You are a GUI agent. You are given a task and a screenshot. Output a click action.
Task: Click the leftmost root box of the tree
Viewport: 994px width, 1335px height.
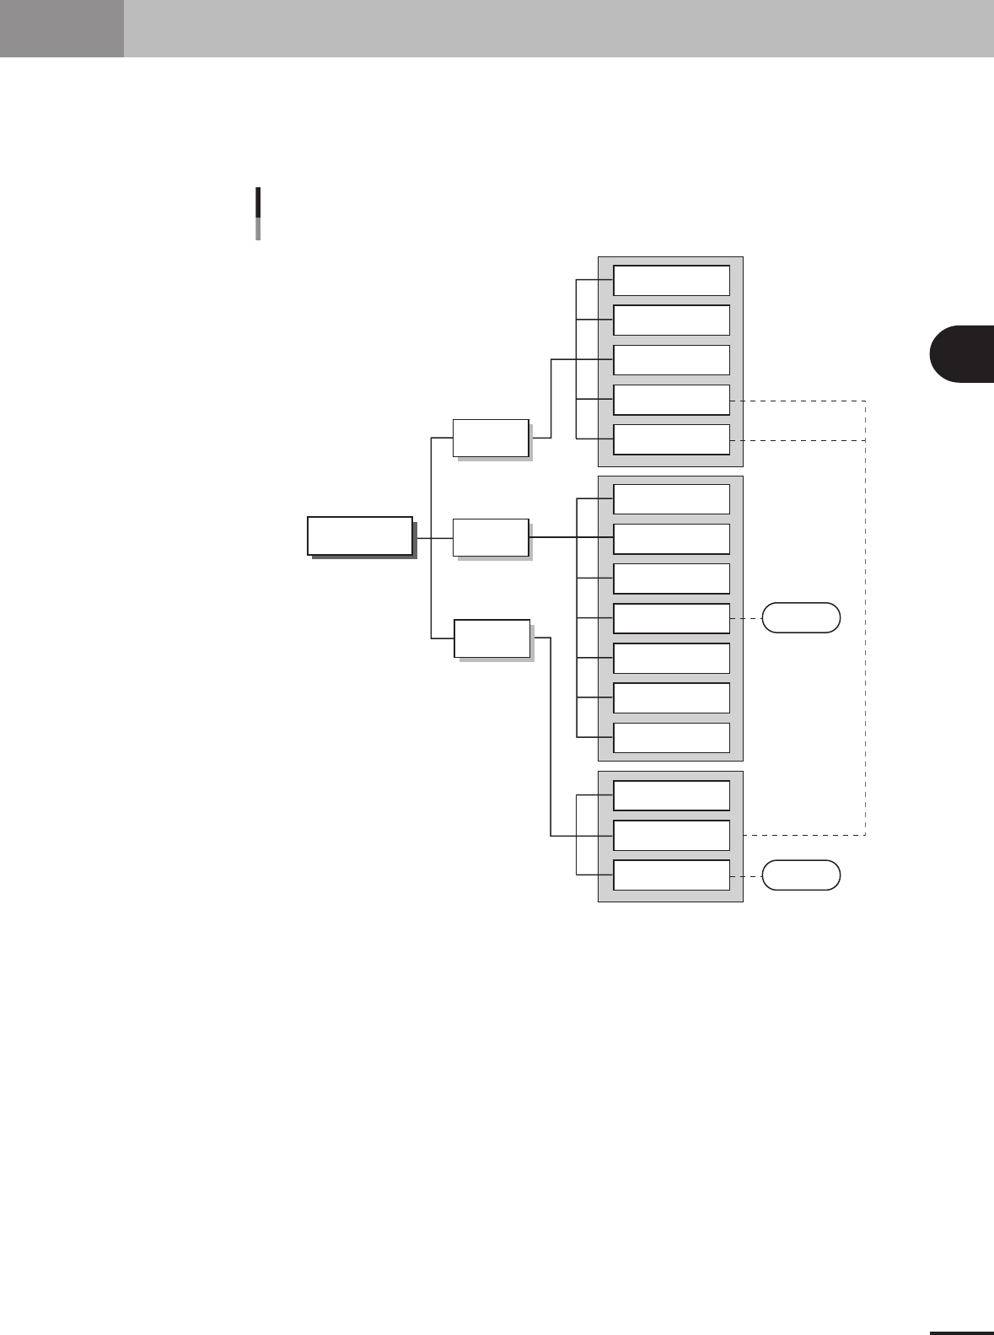tap(360, 536)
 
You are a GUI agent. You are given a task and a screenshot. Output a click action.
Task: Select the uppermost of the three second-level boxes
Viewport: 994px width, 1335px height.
tap(491, 438)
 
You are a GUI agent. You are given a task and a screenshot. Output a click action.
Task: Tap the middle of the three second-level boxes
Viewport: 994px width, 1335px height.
tap(491, 537)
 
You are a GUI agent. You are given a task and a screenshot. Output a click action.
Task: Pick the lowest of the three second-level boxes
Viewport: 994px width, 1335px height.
tap(492, 638)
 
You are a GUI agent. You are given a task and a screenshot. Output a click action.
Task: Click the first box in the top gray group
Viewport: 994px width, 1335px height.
tap(671, 280)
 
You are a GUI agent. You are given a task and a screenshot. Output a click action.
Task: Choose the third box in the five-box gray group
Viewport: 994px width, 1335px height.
tap(671, 359)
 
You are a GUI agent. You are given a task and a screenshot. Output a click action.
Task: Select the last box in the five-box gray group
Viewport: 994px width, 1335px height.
tap(671, 439)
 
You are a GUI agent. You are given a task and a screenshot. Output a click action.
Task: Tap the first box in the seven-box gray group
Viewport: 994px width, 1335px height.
tap(671, 498)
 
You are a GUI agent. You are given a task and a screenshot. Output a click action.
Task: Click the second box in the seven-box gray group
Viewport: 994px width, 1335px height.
tap(671, 538)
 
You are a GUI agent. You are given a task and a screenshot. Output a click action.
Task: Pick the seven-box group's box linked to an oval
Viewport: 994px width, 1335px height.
tap(671, 618)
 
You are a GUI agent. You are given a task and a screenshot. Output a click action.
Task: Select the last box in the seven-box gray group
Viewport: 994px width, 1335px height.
tap(671, 737)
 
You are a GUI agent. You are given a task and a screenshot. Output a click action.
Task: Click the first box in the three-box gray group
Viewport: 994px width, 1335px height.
tap(671, 795)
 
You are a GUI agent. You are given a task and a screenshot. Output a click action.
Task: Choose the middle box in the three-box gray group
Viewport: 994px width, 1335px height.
tap(671, 835)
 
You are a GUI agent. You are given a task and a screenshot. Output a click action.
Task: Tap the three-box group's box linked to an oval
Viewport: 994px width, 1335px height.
tap(671, 875)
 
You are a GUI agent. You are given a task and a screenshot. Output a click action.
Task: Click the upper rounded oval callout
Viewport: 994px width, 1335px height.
tap(801, 617)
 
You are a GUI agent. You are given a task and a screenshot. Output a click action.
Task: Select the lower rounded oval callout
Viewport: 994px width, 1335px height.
tap(801, 875)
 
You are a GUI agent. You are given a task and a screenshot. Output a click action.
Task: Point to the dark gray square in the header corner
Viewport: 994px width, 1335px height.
tap(62, 28)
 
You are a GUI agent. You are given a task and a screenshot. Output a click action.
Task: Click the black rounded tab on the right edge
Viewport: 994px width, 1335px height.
tap(963, 353)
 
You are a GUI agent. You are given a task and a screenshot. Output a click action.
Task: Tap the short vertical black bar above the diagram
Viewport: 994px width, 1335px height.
tap(258, 213)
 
